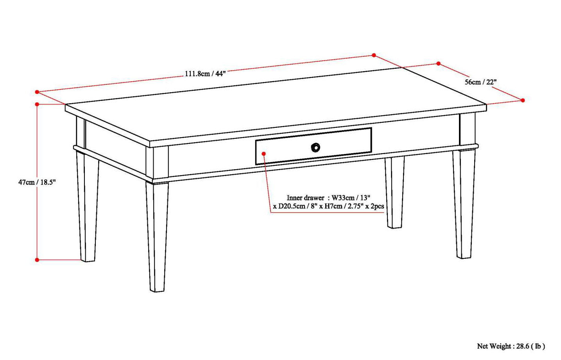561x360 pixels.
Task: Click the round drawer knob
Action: (315, 147)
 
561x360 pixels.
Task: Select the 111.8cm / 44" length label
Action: (205, 73)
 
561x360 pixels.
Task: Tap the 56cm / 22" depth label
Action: (480, 82)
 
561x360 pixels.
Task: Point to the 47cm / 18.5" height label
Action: (37, 182)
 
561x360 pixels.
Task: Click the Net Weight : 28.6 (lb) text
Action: (511, 346)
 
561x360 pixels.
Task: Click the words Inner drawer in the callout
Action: (305, 198)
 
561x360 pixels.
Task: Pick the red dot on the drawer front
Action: (264, 154)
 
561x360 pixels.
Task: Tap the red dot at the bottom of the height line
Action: (37, 260)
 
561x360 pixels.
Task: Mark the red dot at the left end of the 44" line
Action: (37, 92)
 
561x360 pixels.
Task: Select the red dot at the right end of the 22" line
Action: (523, 100)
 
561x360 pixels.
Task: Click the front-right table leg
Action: (464, 203)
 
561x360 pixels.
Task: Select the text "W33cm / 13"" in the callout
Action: (351, 198)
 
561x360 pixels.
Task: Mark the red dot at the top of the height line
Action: (37, 104)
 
